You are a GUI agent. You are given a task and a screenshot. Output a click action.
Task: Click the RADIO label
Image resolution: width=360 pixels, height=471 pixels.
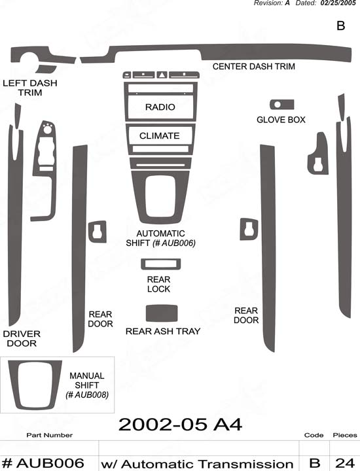tap(160, 107)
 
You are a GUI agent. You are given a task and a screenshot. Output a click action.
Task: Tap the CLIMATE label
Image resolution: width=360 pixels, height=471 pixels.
tap(159, 136)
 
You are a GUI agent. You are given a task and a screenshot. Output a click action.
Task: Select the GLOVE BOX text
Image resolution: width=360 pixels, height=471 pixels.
tap(281, 120)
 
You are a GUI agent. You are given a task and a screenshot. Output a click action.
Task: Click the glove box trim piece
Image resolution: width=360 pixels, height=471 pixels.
tap(282, 105)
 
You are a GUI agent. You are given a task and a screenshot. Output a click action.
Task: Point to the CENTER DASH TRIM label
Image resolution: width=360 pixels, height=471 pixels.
tap(253, 66)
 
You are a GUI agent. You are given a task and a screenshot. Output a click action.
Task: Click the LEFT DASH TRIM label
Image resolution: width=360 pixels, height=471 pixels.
tap(29, 88)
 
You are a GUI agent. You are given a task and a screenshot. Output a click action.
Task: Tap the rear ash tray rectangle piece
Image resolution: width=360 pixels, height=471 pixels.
tap(162, 313)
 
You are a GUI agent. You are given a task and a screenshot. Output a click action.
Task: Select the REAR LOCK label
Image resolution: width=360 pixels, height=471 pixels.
tap(158, 284)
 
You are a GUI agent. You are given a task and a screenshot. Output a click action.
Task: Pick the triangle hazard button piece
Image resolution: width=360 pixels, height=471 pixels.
tap(162, 75)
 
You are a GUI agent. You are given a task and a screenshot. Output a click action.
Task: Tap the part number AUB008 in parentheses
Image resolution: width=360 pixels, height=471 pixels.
tap(87, 394)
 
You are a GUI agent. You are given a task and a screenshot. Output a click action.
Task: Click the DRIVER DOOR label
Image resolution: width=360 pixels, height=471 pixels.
tap(22, 339)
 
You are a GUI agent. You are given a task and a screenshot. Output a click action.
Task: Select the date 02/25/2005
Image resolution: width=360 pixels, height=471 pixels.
tap(338, 3)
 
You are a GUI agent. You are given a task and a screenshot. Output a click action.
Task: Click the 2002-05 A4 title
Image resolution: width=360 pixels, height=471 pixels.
tap(180, 425)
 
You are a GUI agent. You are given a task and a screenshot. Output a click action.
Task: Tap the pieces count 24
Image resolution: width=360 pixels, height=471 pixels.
tap(345, 463)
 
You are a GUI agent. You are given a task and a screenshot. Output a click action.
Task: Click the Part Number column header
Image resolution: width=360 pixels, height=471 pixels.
tap(50, 435)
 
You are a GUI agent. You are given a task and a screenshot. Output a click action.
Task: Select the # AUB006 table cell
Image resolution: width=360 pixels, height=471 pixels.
tap(43, 463)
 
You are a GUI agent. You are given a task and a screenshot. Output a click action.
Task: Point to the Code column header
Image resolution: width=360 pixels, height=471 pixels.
tap(314, 435)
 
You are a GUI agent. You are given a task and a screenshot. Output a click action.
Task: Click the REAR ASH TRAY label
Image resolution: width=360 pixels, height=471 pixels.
tap(163, 331)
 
